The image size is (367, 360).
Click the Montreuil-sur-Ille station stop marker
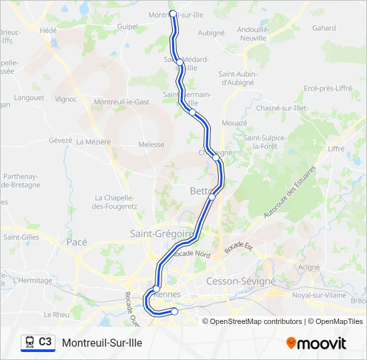[173, 13]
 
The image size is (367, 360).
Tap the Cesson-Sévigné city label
[241, 281]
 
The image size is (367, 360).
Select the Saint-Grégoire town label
[162, 234]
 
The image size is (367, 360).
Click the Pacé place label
[77, 243]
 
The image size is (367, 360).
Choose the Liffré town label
[336, 149]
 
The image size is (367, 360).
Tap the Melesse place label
[151, 145]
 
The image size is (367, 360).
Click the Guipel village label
[127, 27]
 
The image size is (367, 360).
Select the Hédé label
[48, 30]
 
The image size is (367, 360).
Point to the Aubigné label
[211, 32]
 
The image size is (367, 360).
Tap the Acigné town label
[309, 267]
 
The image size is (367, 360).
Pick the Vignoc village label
[66, 99]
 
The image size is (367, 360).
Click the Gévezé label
[60, 141]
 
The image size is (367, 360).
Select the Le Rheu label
[56, 314]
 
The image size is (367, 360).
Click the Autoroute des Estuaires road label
[289, 191]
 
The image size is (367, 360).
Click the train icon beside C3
[29, 343]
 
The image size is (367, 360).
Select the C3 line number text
[45, 342]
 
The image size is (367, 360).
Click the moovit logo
[316, 343]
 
